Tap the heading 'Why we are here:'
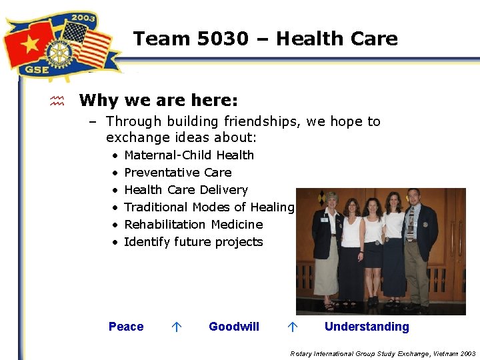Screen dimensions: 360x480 pos(158,101)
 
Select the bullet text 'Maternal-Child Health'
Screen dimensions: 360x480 pos(189,155)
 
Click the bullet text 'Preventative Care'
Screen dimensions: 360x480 pos(177,173)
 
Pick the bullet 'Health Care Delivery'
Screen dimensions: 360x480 pos(185,190)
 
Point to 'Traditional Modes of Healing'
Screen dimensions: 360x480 pos(209,207)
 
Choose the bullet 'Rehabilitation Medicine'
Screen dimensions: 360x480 pos(193,225)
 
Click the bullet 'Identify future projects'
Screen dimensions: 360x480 pos(193,242)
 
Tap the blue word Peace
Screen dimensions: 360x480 pos(126,327)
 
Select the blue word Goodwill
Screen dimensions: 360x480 pos(234,327)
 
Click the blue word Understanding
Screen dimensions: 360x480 pos(367,327)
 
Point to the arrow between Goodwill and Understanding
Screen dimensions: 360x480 pos(291,327)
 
